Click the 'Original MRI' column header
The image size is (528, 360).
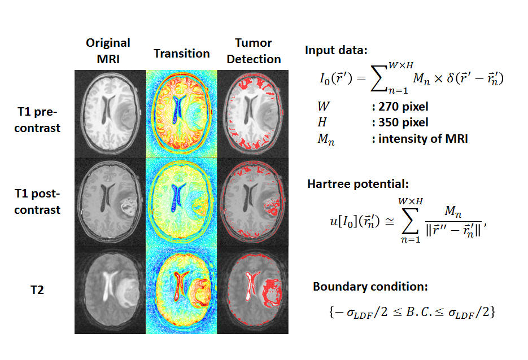108,51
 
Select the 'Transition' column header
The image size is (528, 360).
182,54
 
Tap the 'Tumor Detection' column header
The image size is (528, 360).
254,51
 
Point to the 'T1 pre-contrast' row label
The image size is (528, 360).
37,120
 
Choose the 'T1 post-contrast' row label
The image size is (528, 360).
37,201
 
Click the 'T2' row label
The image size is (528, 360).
37,290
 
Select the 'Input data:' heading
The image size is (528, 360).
336,50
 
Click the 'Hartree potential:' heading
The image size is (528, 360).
358,184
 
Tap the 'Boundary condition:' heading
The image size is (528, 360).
370,287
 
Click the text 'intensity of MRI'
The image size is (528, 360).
423,139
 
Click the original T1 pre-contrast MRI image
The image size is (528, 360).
110,114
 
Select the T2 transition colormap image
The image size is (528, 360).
181,290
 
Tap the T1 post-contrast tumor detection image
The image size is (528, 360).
253,202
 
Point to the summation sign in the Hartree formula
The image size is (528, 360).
410,221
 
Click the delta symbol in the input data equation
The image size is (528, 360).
450,78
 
